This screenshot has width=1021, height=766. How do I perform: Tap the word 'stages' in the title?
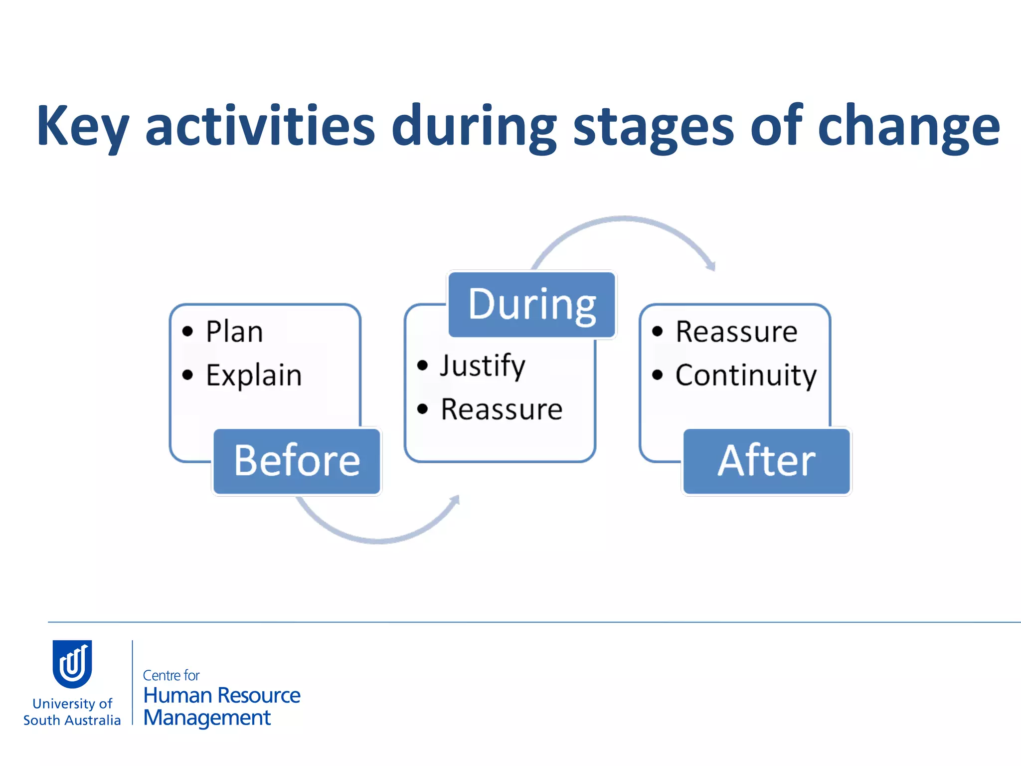coord(653,127)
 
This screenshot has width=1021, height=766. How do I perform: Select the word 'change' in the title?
coord(908,127)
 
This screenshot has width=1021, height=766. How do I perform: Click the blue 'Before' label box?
coord(297,461)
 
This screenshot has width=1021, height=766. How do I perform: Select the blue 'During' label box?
coord(532,304)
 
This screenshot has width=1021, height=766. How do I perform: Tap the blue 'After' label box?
coord(766,461)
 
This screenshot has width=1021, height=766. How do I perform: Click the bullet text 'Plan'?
coord(234,332)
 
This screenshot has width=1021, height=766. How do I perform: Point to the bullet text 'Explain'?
coord(254,375)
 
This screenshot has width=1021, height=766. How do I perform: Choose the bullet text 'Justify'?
coord(482,366)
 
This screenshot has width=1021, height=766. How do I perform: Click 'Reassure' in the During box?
coord(502,409)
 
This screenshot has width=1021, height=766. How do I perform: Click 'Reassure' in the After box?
coord(736,332)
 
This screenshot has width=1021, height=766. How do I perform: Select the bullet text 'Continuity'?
coord(746,375)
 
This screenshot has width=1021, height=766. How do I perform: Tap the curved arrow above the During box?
coord(623,220)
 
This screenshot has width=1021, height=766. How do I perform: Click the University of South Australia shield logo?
coord(72,663)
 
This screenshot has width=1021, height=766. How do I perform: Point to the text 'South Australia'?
coord(72,720)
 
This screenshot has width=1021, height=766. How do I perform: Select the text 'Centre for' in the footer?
coord(171,675)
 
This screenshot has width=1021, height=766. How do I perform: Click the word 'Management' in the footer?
coord(207,718)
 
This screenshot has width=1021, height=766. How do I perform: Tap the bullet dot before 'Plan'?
coord(187,331)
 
